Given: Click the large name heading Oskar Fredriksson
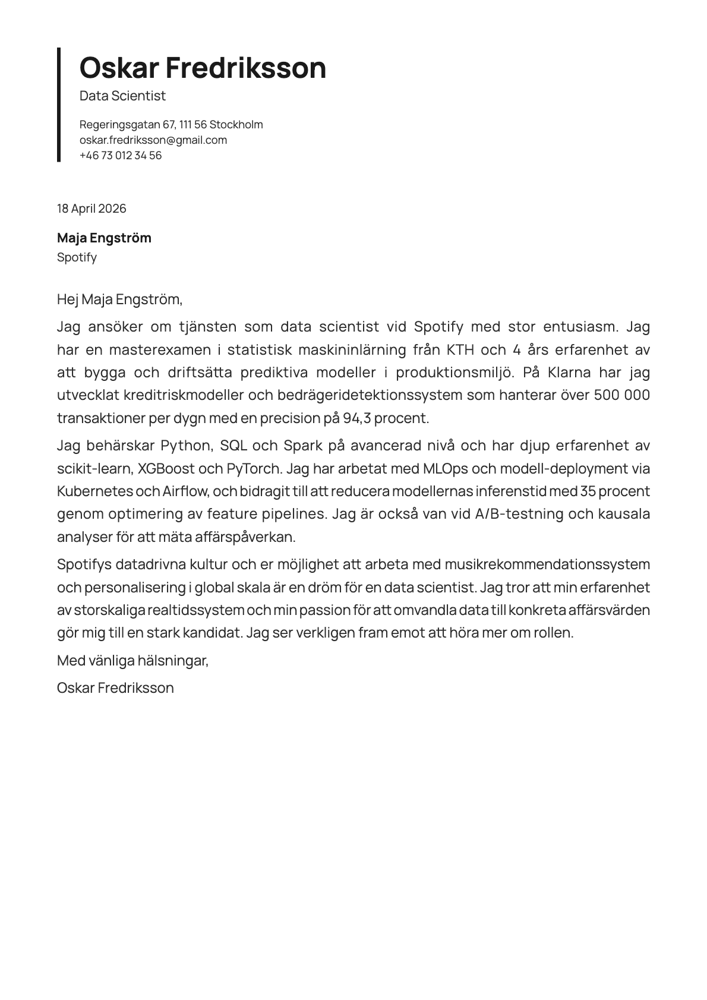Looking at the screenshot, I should tap(203, 68).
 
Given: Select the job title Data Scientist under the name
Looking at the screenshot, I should tap(122, 96).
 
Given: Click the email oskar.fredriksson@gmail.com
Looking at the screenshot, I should tap(153, 140).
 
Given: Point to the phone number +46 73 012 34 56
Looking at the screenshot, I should tap(121, 156).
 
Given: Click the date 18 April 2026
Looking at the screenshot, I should tap(91, 209).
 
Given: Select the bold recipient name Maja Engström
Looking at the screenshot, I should tap(104, 238).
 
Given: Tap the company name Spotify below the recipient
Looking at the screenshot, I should tap(77, 257).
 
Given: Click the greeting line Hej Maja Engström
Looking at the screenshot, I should tap(119, 299).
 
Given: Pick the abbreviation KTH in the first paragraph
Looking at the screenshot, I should tap(460, 350).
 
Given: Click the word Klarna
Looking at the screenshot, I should tap(569, 373).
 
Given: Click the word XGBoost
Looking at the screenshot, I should tap(166, 469).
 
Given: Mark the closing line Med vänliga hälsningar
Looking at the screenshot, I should tap(132, 660).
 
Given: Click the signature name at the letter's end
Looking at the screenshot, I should tap(115, 688).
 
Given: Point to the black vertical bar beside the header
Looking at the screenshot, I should tap(59, 105).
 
